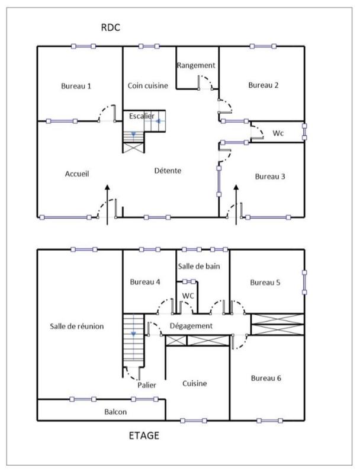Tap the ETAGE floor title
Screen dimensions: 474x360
point(144,436)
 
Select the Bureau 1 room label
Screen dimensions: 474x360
point(76,86)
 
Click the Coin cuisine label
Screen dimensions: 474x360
point(148,85)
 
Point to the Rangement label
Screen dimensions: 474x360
point(196,65)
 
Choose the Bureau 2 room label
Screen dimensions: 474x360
point(263,85)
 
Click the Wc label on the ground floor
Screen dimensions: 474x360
point(278,133)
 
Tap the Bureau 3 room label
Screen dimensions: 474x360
point(271,177)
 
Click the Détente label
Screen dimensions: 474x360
point(168,171)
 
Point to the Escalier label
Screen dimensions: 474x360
point(142,116)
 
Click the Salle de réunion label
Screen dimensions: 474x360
point(77,326)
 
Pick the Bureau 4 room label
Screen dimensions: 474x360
point(145,282)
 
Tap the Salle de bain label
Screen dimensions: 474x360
point(201,267)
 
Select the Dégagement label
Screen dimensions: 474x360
point(191,326)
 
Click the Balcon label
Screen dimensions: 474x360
point(115,412)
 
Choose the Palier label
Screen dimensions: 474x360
point(147,385)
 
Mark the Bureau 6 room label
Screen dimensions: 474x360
point(266,378)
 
